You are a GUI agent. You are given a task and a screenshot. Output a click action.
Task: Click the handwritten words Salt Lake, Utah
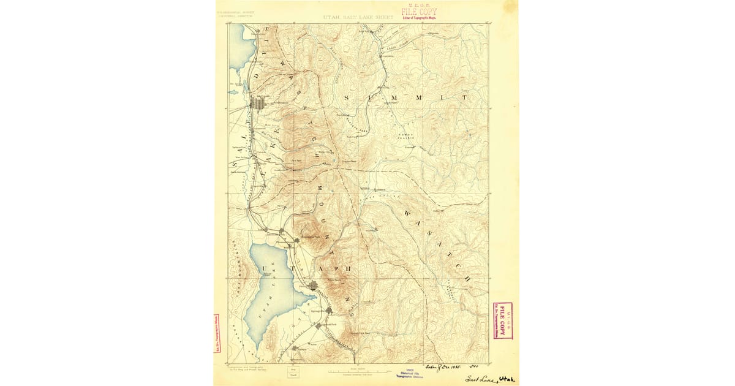(491, 378)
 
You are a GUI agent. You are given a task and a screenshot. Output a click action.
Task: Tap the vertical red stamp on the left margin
(216, 334)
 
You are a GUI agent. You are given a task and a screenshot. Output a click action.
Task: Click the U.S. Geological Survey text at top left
(236, 11)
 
